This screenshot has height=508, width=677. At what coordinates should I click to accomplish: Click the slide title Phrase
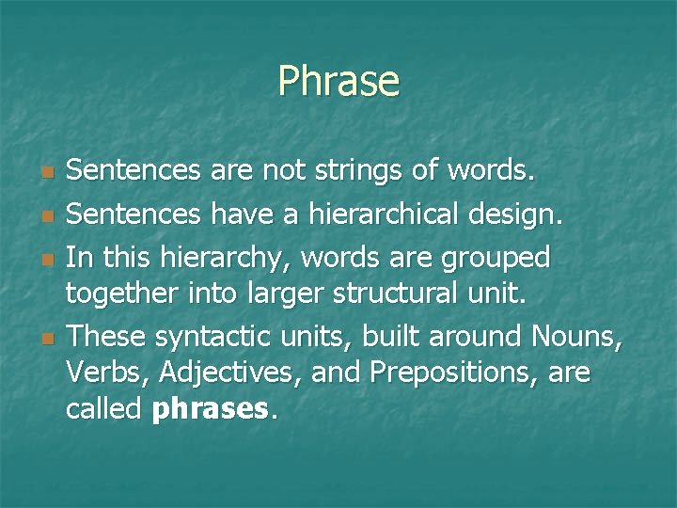pos(338,82)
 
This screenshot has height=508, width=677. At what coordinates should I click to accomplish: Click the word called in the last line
pos(104,409)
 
